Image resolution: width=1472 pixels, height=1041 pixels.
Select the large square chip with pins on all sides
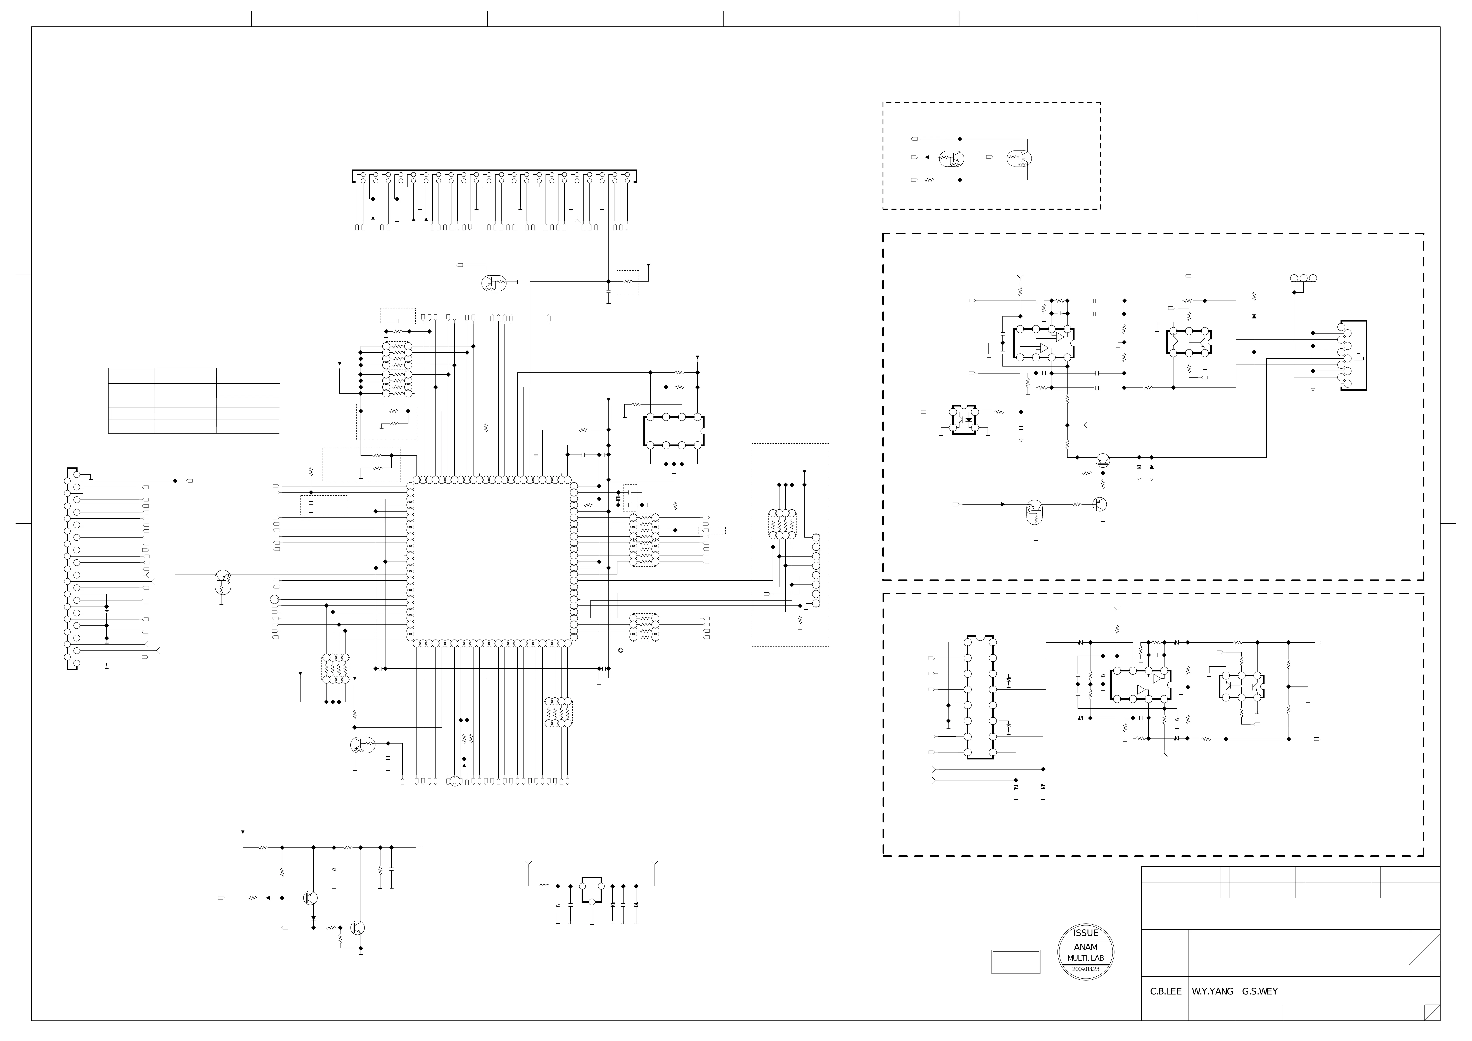[492, 561]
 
